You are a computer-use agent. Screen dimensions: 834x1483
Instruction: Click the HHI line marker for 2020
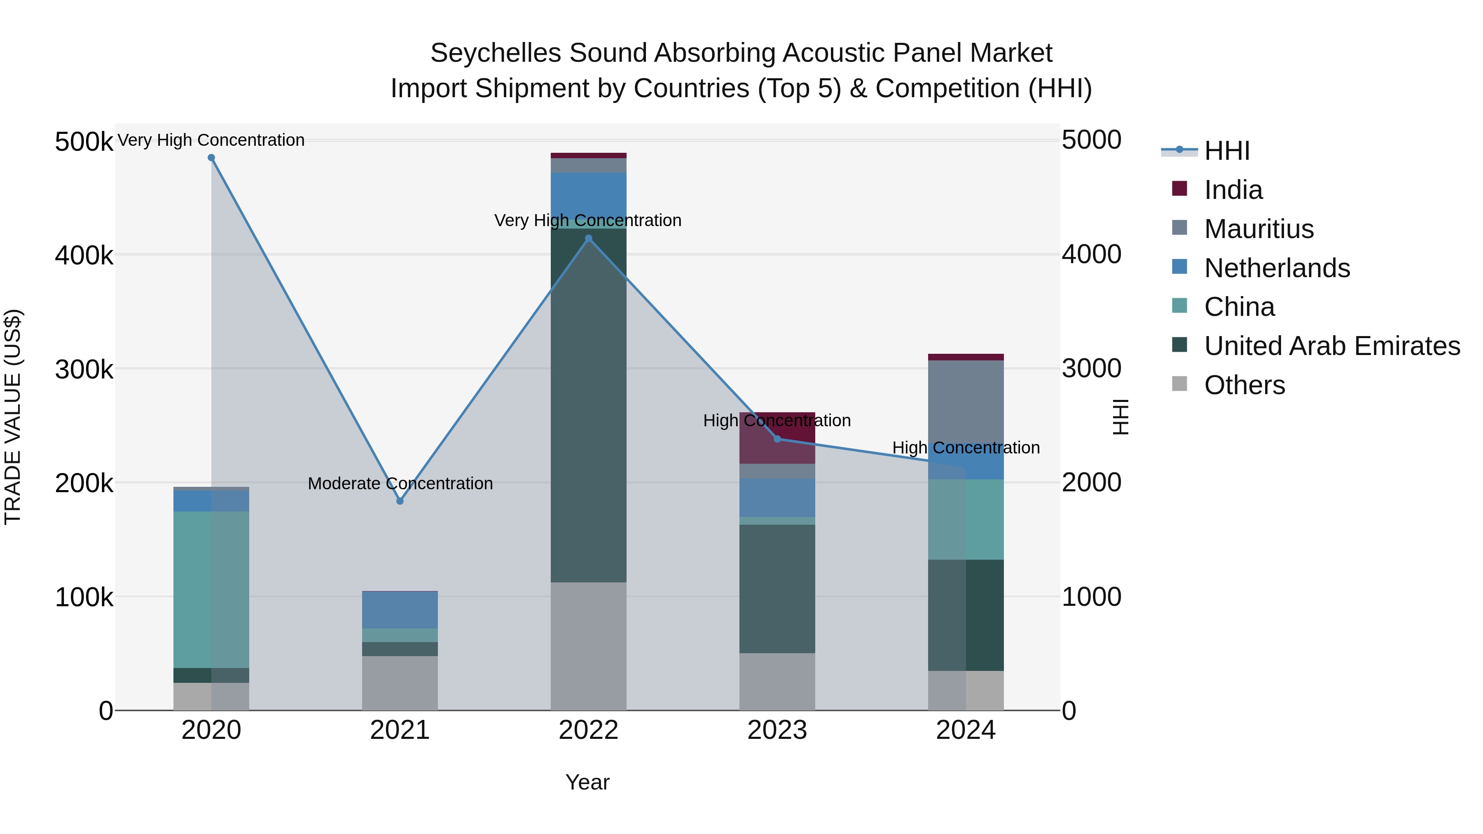[211, 158]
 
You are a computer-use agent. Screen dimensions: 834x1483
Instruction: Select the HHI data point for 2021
[400, 501]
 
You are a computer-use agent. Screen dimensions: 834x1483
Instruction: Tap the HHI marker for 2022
[588, 238]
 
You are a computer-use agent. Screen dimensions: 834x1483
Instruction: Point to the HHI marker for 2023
[777, 439]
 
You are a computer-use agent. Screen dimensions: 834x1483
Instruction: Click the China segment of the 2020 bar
[211, 589]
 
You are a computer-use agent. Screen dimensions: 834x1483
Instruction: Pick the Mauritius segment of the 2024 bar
[966, 403]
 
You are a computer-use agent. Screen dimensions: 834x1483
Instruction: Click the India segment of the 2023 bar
[777, 437]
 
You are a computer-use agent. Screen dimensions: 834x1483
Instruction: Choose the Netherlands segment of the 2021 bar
[400, 610]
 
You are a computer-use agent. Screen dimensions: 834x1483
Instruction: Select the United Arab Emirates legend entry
[1331, 346]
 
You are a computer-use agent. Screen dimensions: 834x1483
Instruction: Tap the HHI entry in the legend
[1226, 151]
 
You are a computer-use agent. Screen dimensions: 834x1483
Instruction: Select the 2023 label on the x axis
[777, 730]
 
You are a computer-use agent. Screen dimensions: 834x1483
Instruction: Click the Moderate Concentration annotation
[400, 484]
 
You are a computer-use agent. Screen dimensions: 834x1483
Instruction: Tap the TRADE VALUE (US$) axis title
[13, 417]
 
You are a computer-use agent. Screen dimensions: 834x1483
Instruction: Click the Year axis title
[587, 782]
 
